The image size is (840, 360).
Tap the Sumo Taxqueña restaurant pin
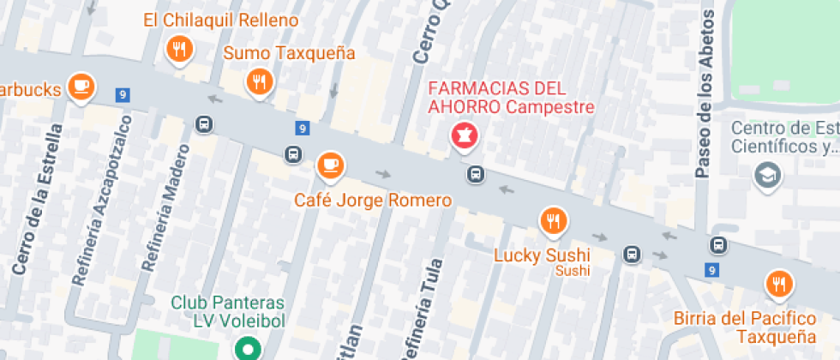pos(258,81)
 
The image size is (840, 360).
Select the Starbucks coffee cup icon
pos(81,86)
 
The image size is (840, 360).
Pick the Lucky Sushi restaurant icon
pos(554,221)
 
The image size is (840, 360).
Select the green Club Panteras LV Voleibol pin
pos(248,350)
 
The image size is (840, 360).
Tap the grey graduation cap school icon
pos(763,176)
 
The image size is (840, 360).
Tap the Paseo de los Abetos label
pos(705,94)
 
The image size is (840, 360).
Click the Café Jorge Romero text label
pos(372,201)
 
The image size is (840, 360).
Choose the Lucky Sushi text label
pos(543,255)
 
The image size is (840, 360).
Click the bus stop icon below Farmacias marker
pos(474,175)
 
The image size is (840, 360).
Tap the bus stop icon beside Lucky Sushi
pos(632,255)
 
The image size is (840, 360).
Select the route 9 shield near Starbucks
pos(124,95)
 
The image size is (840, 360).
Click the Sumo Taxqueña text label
pos(289,53)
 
